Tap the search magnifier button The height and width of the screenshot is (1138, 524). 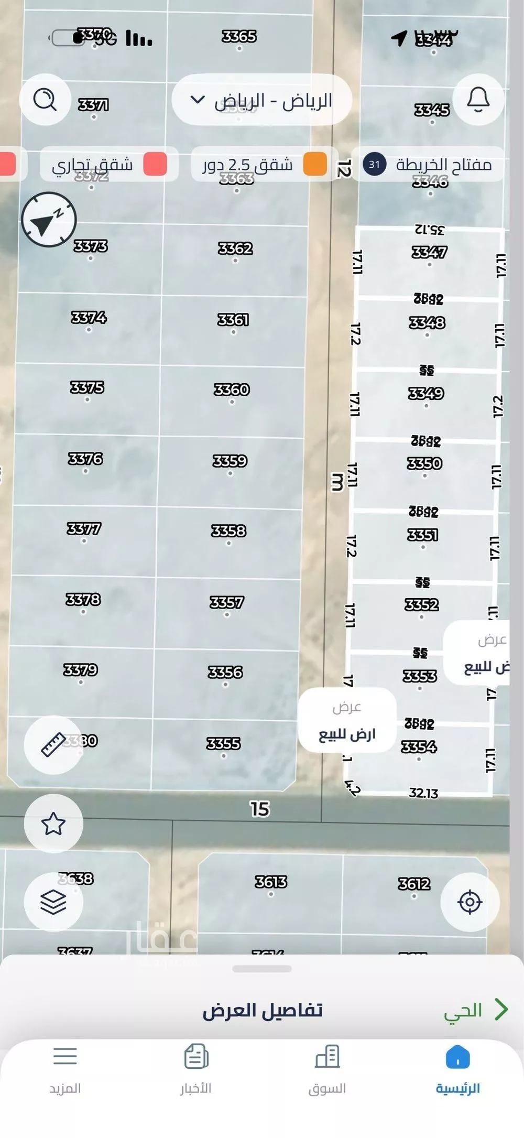(45, 99)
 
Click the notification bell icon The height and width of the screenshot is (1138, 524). (478, 99)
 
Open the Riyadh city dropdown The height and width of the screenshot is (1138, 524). (261, 100)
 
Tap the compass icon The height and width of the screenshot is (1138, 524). (49, 220)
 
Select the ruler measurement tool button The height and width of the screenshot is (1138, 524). (53, 744)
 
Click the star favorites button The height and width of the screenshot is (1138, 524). (53, 823)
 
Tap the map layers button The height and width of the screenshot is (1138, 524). (53, 902)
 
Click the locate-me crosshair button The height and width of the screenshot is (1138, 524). (470, 902)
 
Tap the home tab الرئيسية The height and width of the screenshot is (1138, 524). (457, 1069)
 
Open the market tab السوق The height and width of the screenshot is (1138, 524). (327, 1069)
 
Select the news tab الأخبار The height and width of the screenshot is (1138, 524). (196, 1069)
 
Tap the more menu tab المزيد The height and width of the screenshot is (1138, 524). (65, 1069)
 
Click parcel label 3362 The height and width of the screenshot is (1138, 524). (235, 248)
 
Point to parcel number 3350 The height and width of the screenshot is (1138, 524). (424, 463)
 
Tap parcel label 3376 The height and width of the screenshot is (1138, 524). (85, 459)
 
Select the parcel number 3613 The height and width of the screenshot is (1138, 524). (271, 882)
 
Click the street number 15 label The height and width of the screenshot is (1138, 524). (260, 809)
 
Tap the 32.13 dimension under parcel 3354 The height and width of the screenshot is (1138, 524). (423, 793)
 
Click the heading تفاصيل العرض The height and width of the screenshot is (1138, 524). (262, 1010)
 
